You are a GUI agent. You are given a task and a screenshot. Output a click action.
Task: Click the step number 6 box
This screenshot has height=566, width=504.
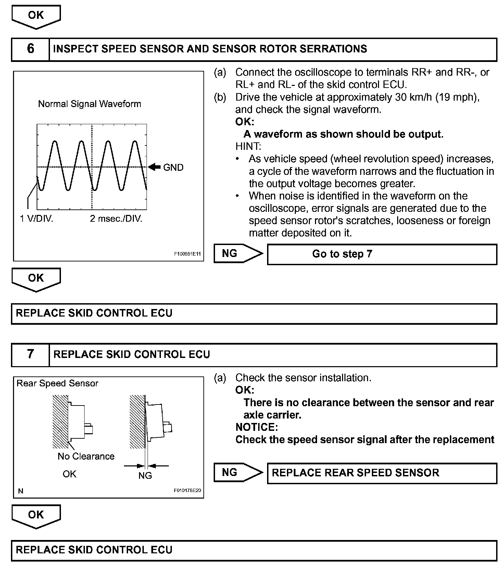click(x=30, y=49)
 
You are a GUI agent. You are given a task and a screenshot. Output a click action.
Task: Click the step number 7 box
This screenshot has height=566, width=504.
click(x=30, y=354)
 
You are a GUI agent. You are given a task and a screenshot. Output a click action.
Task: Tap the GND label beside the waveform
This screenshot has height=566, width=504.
click(x=173, y=167)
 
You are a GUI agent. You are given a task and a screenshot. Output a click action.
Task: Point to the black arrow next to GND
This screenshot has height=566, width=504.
click(x=155, y=167)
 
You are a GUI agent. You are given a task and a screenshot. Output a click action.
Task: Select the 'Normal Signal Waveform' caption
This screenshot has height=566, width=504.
click(x=89, y=104)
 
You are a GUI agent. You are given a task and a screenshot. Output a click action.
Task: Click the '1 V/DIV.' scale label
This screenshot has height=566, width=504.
click(x=37, y=219)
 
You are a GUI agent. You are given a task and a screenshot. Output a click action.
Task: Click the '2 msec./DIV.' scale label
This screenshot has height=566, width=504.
click(x=116, y=219)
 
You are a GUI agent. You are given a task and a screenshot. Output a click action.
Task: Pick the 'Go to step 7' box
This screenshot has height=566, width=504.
click(x=381, y=254)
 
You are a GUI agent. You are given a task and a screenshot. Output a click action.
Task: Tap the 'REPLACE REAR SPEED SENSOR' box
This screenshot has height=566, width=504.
click(x=381, y=473)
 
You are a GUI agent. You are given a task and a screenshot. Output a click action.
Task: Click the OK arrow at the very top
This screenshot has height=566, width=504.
click(x=36, y=16)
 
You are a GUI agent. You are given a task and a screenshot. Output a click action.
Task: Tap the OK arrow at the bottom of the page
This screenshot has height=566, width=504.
click(x=36, y=516)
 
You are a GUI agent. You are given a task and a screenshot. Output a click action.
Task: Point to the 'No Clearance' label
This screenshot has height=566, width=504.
click(x=86, y=456)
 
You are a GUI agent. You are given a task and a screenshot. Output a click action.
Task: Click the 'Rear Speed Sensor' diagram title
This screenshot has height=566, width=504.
click(x=57, y=383)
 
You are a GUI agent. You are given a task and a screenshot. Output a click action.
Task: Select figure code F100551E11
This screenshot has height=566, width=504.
click(x=187, y=254)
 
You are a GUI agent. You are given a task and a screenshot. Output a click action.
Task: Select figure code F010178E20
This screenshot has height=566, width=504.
click(x=187, y=491)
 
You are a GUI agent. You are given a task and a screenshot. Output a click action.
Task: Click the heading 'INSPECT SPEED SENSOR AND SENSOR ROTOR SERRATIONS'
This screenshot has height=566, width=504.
click(x=210, y=49)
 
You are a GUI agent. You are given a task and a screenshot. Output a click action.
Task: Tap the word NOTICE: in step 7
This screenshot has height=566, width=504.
click(x=256, y=427)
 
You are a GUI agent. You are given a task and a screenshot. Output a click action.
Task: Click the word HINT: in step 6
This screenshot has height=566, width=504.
click(x=248, y=146)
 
